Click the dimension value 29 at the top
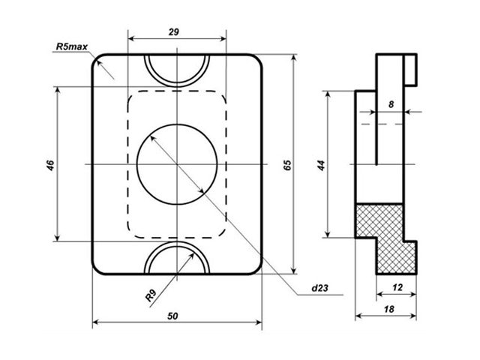(173, 31)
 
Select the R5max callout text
(72, 46)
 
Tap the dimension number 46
(50, 165)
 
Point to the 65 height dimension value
(287, 165)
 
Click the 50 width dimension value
(172, 316)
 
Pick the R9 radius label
(151, 295)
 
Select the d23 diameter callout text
(319, 288)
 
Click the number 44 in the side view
(320, 165)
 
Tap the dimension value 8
(391, 104)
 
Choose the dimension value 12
(397, 287)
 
